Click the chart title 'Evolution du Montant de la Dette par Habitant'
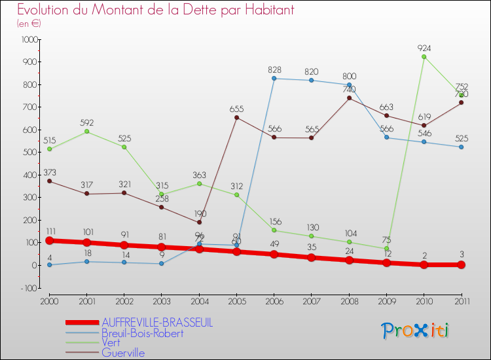(156, 10)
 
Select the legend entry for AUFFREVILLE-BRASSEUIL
(157, 323)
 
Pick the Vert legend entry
(111, 342)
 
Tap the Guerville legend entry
(123, 353)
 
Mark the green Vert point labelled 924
(424, 57)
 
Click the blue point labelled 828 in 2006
(274, 79)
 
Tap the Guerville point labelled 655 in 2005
(236, 118)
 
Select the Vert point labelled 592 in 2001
(87, 132)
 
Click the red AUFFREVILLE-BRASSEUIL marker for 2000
(49, 240)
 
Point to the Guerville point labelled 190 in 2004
(199, 223)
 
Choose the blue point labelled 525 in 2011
(461, 147)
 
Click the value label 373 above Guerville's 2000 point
(49, 172)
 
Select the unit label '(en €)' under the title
(29, 24)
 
